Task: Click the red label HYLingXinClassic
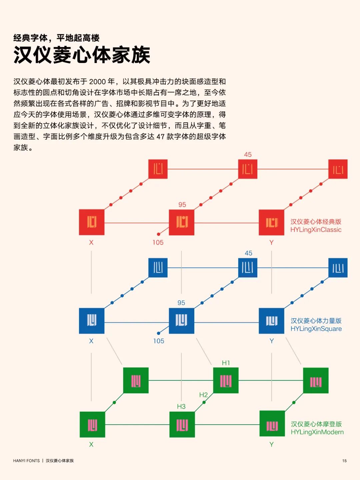[x=316, y=230]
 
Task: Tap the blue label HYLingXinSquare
[x=316, y=329]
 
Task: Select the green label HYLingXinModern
[x=317, y=432]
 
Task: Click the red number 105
[x=158, y=242]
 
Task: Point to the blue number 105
[x=159, y=341]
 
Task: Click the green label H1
[x=226, y=363]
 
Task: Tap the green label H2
[x=203, y=395]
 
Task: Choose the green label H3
[x=181, y=407]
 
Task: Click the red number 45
[x=248, y=154]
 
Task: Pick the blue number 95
[x=181, y=303]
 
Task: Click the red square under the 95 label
[x=182, y=222]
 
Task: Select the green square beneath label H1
[x=226, y=380]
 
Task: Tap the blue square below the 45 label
[x=248, y=268]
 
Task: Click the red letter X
[x=91, y=242]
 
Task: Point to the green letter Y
[x=272, y=444]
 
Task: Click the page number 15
[x=344, y=461]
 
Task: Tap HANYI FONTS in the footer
[x=26, y=461]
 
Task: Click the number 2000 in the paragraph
[x=97, y=82]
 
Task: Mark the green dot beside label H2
[x=204, y=402]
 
